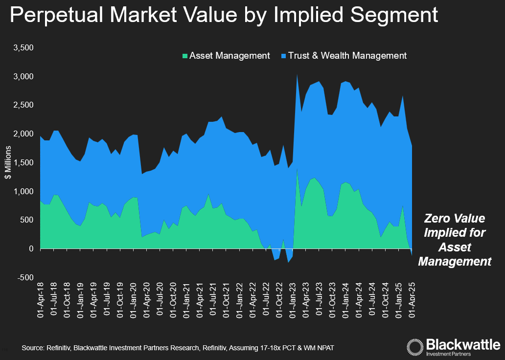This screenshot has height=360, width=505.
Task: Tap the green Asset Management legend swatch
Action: [184, 56]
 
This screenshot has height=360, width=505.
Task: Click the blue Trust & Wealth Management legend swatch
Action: [283, 56]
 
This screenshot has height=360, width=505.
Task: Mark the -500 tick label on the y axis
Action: [24, 277]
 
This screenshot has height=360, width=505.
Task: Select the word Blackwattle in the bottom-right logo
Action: [462, 343]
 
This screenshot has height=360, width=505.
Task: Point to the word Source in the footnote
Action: [32, 348]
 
